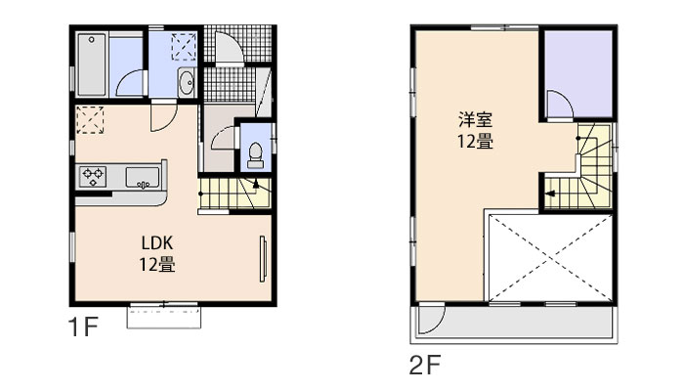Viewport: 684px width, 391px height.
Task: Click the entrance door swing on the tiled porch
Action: (224, 48)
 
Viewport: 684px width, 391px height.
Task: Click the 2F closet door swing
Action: (556, 105)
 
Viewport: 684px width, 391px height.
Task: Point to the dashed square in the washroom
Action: (184, 46)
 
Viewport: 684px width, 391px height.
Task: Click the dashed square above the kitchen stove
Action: (91, 118)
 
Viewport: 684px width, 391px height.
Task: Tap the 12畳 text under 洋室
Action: (476, 142)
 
